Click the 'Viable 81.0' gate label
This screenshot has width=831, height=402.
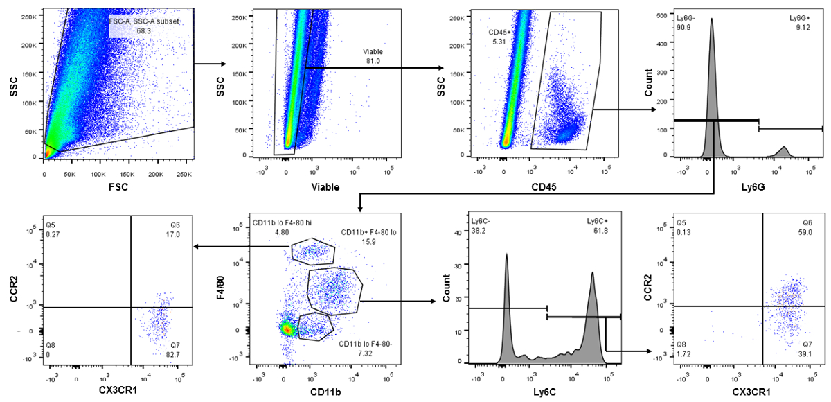pyautogui.click(x=373, y=56)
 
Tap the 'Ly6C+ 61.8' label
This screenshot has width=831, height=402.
pyautogui.click(x=600, y=226)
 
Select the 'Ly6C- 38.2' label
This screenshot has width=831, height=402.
pyautogui.click(x=482, y=226)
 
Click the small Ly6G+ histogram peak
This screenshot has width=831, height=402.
pyautogui.click(x=783, y=150)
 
